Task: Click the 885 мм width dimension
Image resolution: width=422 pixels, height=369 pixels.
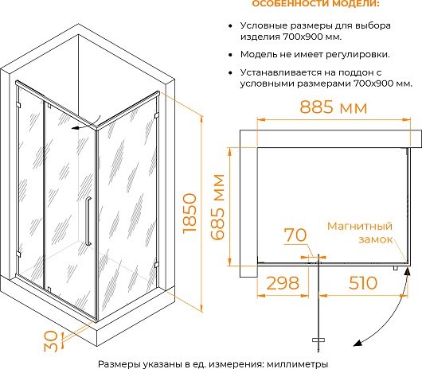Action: (x=333, y=107)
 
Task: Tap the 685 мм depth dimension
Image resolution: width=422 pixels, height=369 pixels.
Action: (x=217, y=207)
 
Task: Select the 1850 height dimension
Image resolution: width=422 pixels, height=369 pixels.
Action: (x=190, y=213)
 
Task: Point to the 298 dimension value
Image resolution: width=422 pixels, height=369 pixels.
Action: (x=283, y=283)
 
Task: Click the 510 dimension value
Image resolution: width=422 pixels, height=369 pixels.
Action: (x=363, y=283)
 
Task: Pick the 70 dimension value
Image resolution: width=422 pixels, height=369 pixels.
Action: (x=295, y=235)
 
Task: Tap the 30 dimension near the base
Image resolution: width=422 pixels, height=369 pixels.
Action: (x=51, y=341)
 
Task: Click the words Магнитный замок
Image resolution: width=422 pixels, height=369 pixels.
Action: (x=360, y=232)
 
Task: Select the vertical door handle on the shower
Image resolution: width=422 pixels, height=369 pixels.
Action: (x=88, y=221)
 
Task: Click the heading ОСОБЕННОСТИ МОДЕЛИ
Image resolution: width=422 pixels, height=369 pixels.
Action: (x=315, y=3)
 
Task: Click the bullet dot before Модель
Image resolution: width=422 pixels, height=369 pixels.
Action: (x=230, y=55)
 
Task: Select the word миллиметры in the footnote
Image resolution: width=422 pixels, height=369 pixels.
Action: (x=298, y=364)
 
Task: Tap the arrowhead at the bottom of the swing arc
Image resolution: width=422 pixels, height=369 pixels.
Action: (x=358, y=343)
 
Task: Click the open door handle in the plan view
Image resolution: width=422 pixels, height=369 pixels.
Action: (x=318, y=340)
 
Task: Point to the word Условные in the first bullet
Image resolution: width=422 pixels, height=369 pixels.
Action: (x=260, y=26)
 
